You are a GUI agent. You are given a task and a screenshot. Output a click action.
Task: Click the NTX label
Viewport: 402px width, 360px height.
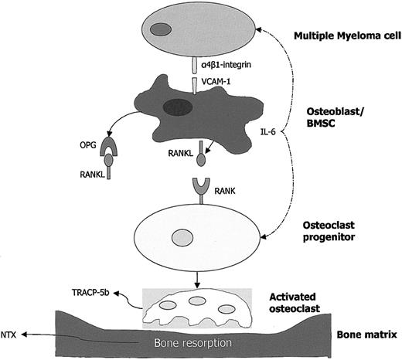click(10, 335)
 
